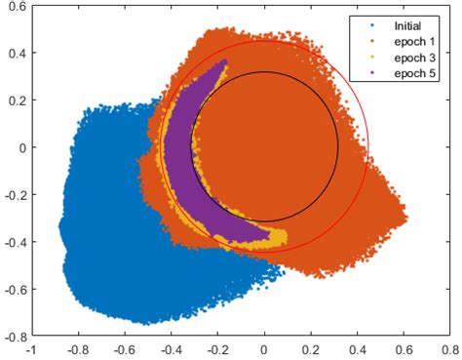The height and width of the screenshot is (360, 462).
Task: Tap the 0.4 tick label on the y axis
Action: click(16, 54)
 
